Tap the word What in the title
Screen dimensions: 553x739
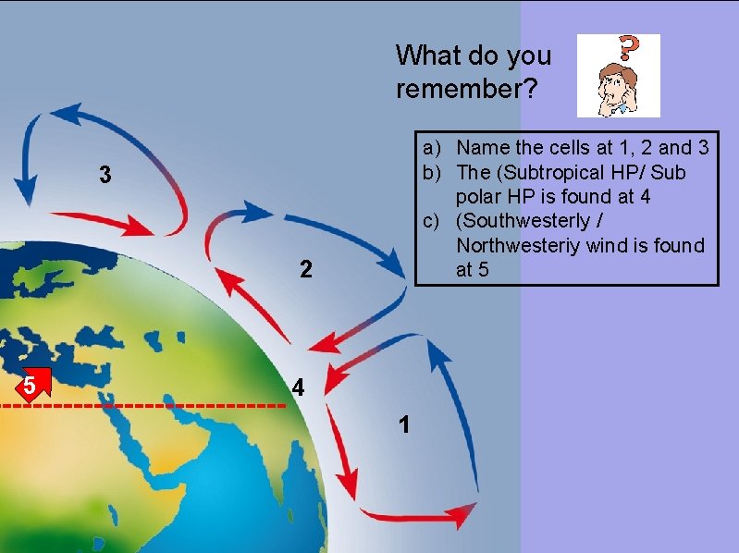point(433,55)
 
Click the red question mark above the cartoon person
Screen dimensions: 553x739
point(630,49)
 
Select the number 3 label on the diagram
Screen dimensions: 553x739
point(106,175)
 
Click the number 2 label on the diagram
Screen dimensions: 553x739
point(306,270)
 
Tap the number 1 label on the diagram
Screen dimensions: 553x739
point(403,425)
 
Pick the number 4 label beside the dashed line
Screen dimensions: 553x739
point(297,387)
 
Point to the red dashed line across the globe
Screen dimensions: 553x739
point(148,405)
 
